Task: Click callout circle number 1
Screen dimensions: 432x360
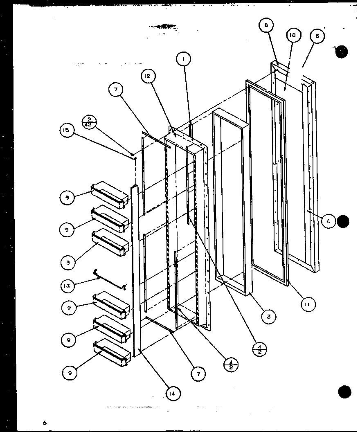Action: pos(184,60)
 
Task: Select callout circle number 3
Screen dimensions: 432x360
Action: pos(269,316)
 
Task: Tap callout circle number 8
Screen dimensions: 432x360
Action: pos(266,25)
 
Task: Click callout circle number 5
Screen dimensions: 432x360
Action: pos(317,36)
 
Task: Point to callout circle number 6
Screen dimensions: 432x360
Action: pos(328,221)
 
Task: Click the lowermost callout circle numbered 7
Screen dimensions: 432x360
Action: pos(199,373)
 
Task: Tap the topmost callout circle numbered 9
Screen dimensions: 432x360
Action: pos(67,198)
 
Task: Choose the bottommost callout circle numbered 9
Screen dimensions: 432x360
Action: pos(70,372)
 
